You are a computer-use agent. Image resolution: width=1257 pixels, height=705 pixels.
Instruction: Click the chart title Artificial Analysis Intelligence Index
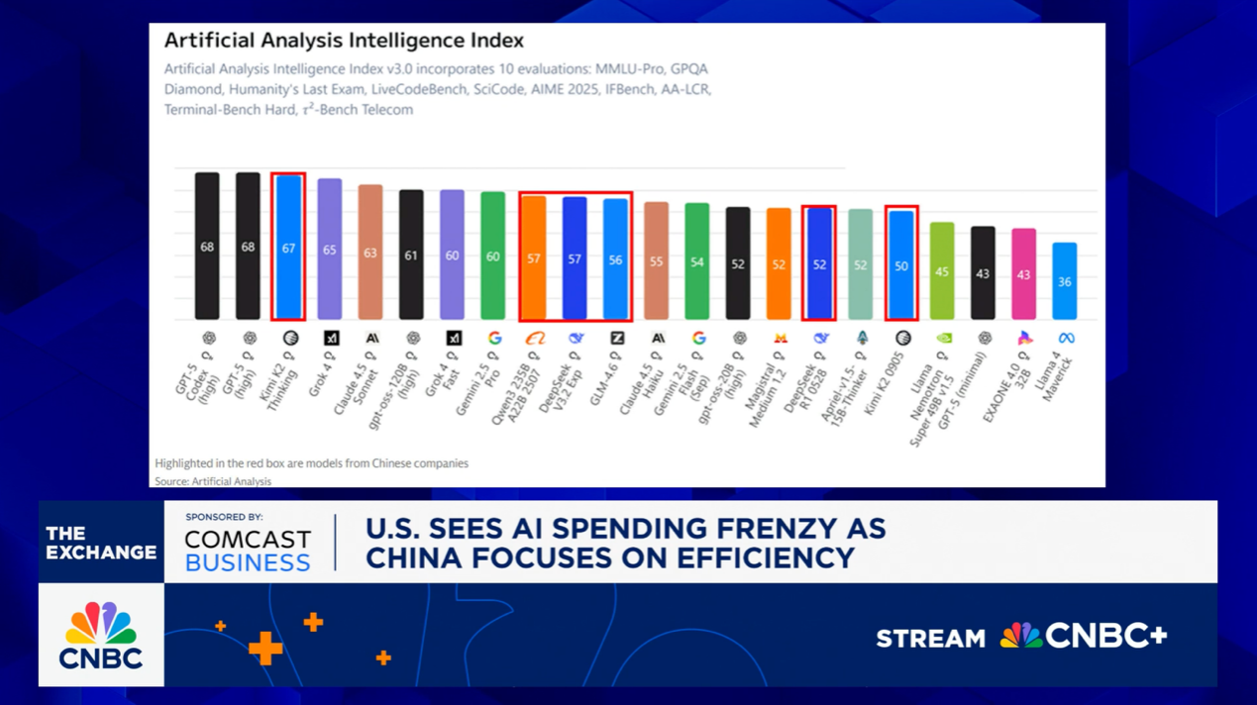[343, 41]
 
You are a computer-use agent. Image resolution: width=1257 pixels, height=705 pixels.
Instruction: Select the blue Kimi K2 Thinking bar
[288, 248]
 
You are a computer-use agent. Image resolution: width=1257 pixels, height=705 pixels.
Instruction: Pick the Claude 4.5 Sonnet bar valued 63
[370, 252]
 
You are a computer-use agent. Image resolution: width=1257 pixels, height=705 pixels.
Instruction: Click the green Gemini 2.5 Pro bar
[492, 255]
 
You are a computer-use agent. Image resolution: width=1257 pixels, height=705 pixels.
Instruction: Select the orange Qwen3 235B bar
[534, 257]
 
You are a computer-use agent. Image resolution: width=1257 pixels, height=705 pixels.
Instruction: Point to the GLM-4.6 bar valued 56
[616, 258]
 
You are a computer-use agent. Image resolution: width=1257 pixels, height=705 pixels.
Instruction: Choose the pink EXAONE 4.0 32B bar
[1023, 273]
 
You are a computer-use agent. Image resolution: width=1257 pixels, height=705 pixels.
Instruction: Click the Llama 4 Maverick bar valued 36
[1064, 281]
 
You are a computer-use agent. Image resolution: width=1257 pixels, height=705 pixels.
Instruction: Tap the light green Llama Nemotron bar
[942, 270]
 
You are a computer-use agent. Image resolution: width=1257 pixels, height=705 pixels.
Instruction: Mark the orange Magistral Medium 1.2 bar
[779, 263]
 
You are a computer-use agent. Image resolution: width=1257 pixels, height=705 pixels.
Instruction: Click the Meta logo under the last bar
[1066, 339]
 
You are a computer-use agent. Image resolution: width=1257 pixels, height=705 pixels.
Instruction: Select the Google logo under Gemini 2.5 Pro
[494, 339]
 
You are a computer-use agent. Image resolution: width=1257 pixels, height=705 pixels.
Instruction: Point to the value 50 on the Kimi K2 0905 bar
[901, 266]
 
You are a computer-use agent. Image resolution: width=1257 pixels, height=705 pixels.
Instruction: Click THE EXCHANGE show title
[101, 543]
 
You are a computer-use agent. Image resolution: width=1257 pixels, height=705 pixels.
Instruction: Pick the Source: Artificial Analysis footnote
[213, 481]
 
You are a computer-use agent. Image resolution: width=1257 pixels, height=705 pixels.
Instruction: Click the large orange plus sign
[265, 649]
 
